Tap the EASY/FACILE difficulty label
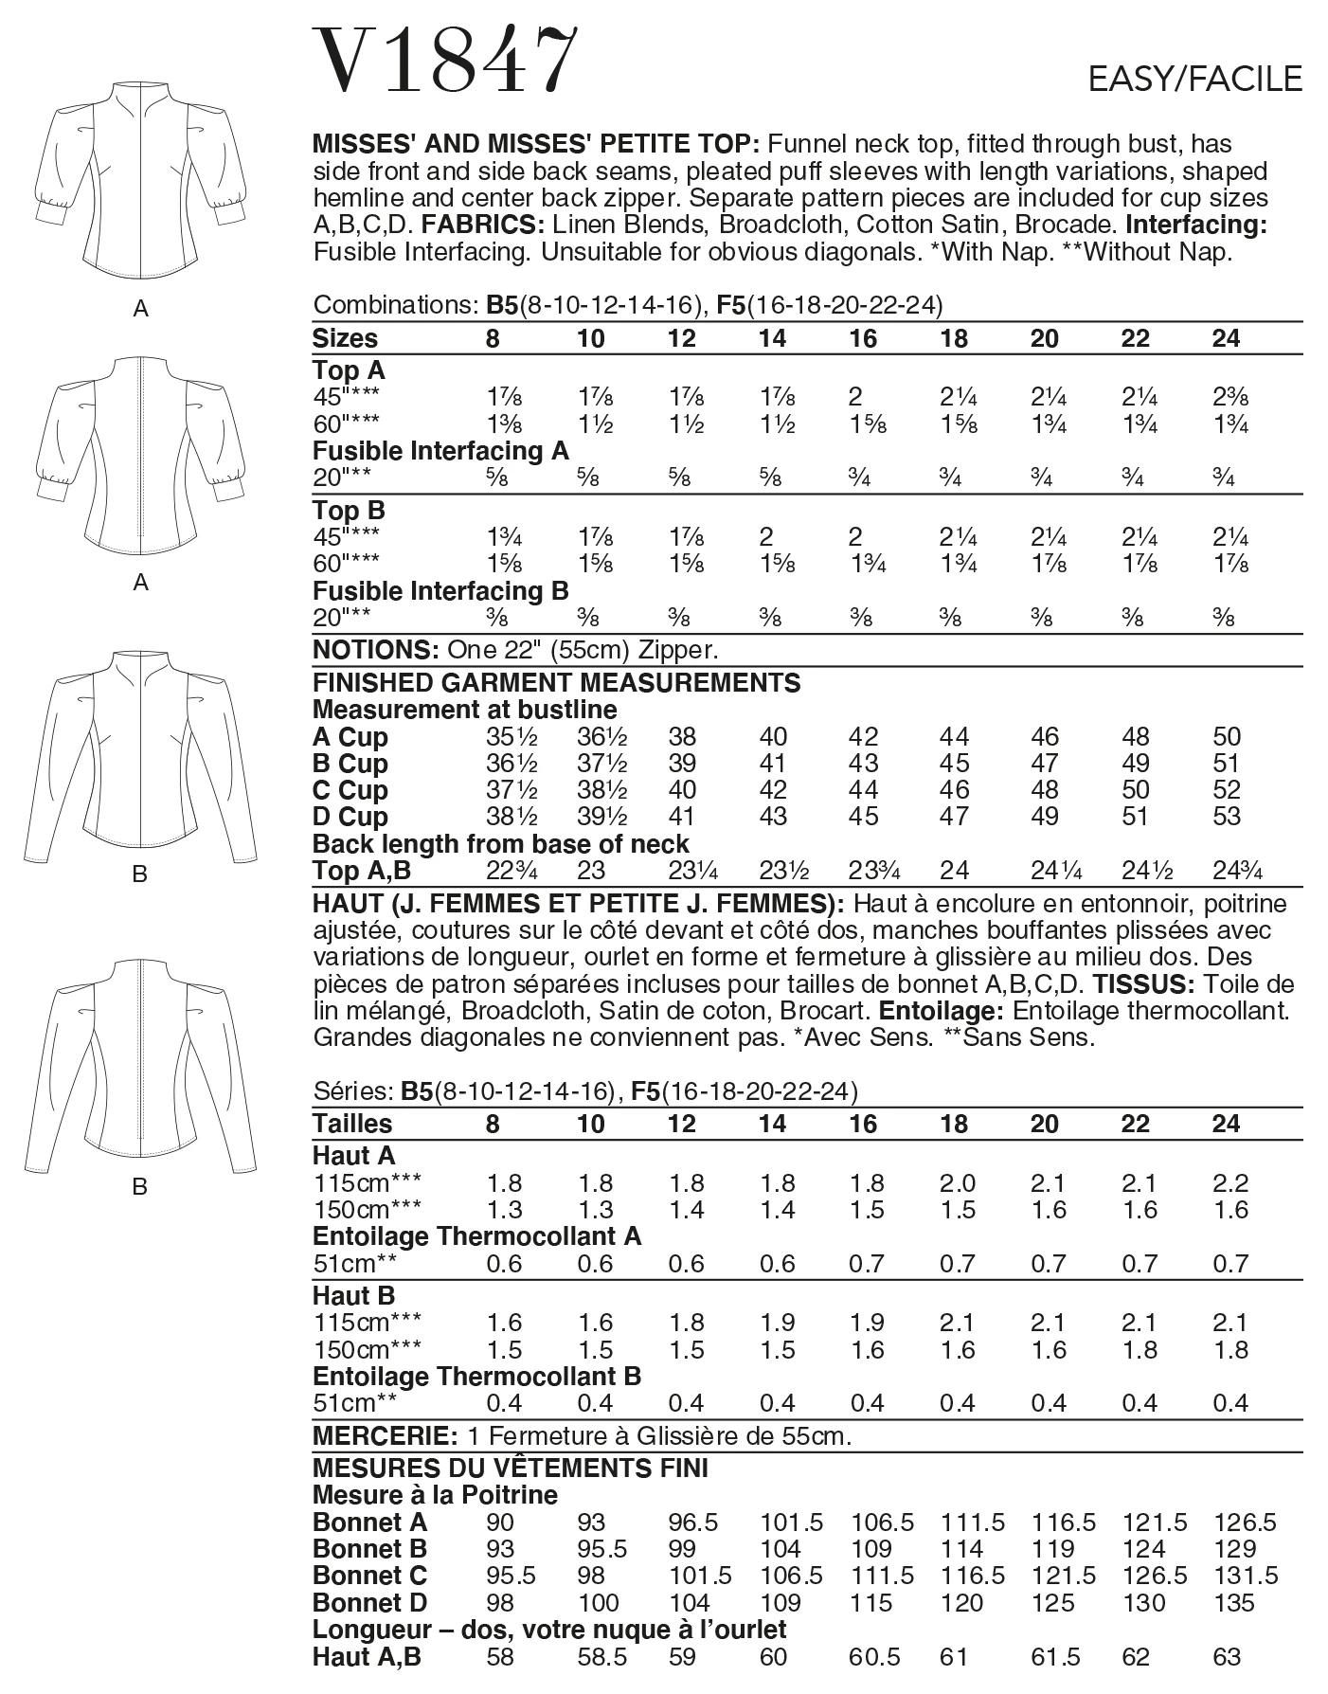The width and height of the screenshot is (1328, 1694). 1195,80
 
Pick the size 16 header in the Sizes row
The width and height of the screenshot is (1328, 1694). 863,339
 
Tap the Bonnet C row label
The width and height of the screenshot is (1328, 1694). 369,1576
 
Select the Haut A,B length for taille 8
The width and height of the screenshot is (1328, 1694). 499,1657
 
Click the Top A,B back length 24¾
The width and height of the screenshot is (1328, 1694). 1236,871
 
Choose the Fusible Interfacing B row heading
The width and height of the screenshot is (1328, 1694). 440,591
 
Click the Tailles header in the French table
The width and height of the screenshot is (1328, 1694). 351,1125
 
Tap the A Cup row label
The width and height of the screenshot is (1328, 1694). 350,737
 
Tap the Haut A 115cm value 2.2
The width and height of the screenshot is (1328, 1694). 1229,1183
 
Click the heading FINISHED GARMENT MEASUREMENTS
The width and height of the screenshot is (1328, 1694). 556,683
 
